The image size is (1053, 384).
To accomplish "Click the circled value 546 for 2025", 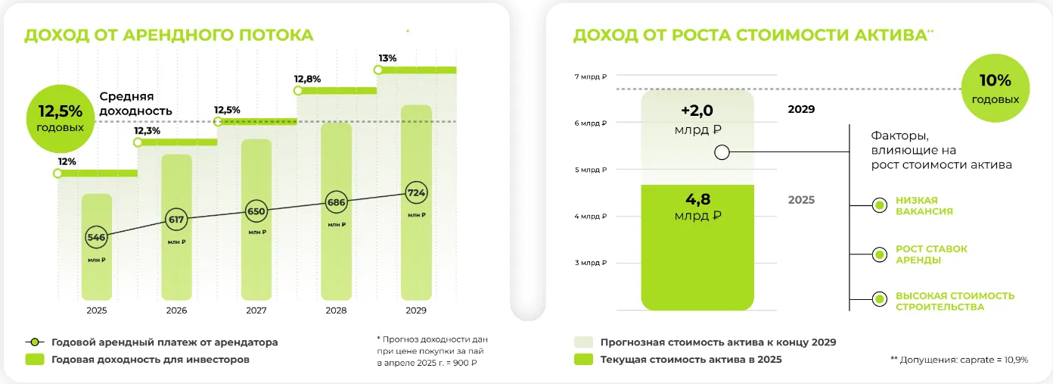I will [97, 237].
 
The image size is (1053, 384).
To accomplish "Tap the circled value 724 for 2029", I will [416, 192].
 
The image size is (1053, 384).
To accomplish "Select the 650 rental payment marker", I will [256, 211].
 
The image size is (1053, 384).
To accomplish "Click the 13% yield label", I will [387, 58].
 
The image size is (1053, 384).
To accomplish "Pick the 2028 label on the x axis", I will [336, 311].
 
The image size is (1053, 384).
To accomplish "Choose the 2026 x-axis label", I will [176, 311].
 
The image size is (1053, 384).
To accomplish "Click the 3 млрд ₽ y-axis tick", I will [591, 263].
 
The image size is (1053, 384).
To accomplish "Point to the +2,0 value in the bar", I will [697, 111].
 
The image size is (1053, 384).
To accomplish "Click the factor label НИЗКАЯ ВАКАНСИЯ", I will [924, 205].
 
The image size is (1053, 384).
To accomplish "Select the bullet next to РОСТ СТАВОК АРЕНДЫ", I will [879, 254].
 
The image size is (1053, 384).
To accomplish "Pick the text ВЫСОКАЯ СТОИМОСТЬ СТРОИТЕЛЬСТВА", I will [955, 301].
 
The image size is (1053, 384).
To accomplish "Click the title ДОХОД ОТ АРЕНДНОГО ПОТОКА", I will [169, 36].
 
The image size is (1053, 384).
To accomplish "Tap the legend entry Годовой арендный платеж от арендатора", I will [164, 342].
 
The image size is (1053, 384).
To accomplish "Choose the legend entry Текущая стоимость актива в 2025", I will [691, 360].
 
